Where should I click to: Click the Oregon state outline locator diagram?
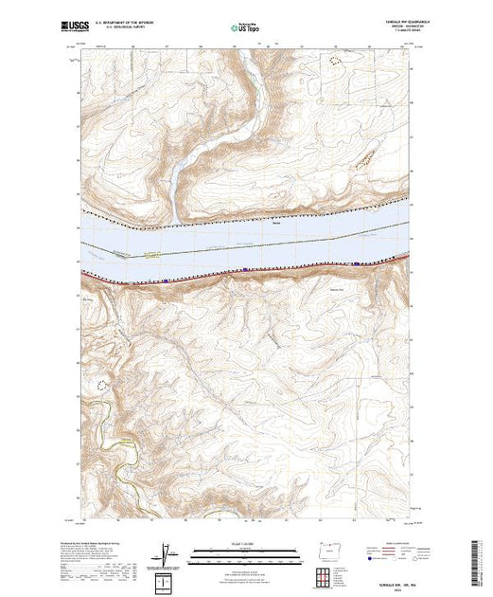(279, 559)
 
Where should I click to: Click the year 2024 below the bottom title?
(387, 587)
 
